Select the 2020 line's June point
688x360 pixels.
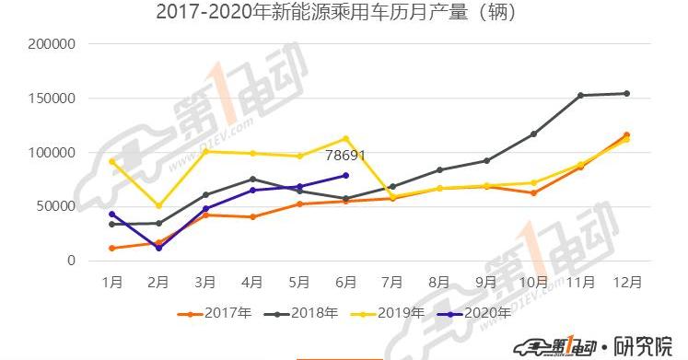345,175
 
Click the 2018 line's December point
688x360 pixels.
626,93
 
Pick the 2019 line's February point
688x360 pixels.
158,205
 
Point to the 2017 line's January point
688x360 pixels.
111,249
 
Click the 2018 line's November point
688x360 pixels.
580,95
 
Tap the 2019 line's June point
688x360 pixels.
345,138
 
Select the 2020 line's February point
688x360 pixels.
158,248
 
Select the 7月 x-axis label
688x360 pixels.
392,280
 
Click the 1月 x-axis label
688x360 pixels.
111,280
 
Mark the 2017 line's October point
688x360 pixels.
533,192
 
